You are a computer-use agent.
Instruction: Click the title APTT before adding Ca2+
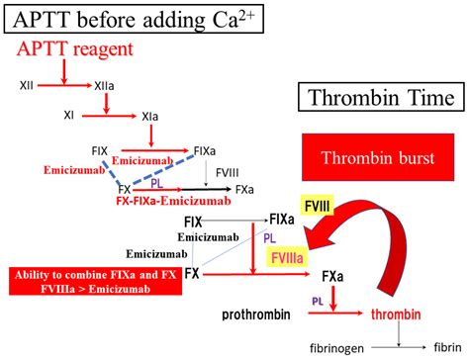[x=133, y=18]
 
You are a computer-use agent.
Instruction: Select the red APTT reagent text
[x=77, y=48]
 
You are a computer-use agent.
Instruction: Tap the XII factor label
[x=27, y=86]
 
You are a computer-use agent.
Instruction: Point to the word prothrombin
[x=255, y=314]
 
